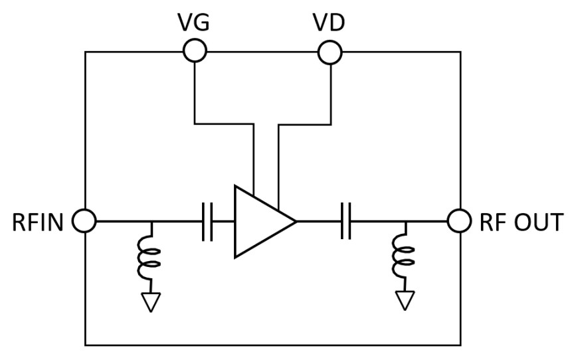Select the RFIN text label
coord(37,222)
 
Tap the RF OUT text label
coord(522,222)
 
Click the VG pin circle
coord(195,50)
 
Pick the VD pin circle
coord(330,51)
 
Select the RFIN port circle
coord(85,221)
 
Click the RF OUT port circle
coord(460,221)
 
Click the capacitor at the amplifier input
coord(207,221)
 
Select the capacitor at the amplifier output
coord(345,221)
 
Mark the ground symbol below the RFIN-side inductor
coord(151,302)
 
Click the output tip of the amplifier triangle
coord(295,221)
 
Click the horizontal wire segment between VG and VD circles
coord(262,51)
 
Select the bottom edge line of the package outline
coord(272,345)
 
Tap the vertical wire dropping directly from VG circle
coord(195,93)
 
